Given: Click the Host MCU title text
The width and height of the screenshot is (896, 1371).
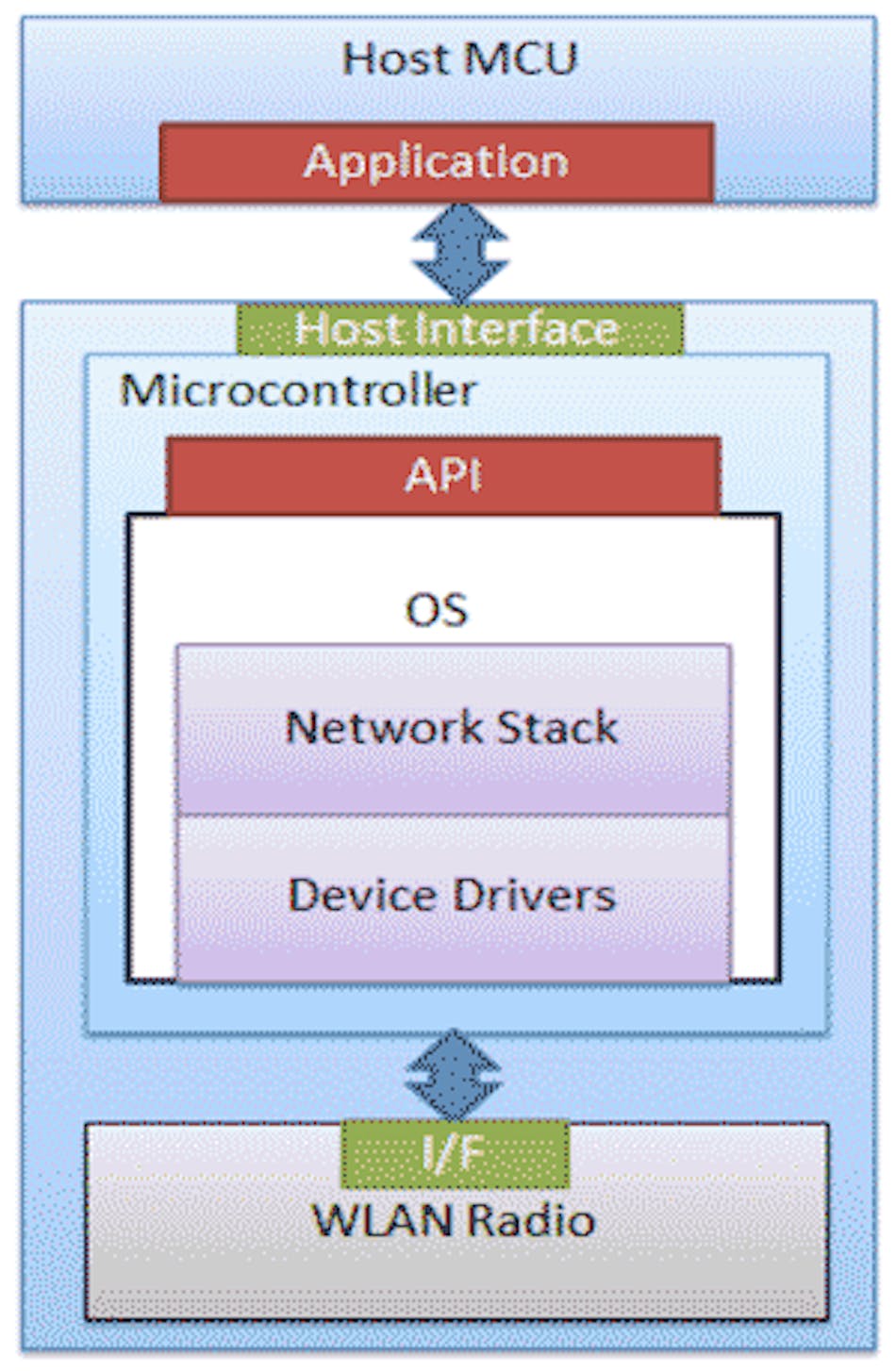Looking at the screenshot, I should click(x=459, y=58).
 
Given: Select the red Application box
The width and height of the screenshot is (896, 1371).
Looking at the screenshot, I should click(x=436, y=162).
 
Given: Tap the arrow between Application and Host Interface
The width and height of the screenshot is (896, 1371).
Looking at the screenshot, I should click(x=460, y=253).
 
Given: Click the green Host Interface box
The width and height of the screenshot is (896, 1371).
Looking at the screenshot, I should click(x=458, y=329).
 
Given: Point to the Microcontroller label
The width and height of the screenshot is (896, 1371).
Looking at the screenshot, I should click(x=298, y=390).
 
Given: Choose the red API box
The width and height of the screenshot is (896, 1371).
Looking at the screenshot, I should click(x=443, y=474).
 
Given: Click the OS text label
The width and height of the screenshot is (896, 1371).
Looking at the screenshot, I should click(x=437, y=610).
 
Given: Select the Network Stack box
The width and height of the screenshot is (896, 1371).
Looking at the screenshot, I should click(x=453, y=729).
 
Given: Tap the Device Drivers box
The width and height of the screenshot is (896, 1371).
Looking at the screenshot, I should click(x=453, y=897).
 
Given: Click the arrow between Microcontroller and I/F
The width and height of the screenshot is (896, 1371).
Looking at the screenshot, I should click(x=454, y=1075).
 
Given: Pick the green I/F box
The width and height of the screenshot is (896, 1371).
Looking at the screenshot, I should click(x=455, y=1153).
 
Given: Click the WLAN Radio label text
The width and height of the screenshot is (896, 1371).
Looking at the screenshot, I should click(x=454, y=1221).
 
